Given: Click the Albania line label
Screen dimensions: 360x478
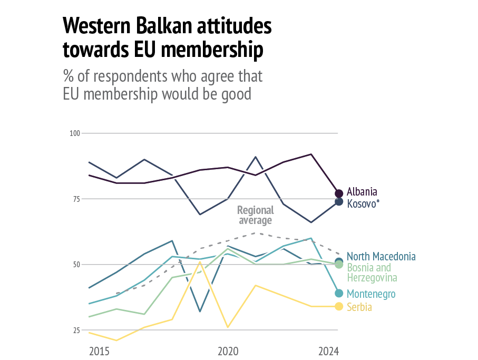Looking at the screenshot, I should coord(362,192).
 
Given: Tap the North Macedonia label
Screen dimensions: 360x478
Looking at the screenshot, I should coord(381,257).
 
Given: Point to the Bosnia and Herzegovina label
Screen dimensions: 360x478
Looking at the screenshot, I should coord(372,273).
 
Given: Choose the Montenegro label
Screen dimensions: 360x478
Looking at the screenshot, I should coord(371,294).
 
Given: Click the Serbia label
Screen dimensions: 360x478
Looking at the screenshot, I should coord(359,307).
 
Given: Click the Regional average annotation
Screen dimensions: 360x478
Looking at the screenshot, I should coord(256,215).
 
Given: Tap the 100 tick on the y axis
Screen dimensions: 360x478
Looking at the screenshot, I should coord(74,133).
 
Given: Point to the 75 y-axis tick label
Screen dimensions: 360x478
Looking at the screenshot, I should coord(76,199).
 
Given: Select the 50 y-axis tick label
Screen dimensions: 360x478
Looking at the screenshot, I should coord(76,265).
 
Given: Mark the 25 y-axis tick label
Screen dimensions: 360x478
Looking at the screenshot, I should coord(76,330).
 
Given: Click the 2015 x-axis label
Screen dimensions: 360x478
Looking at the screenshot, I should coord(99,351).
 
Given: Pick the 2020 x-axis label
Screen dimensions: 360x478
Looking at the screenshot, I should coord(228,351).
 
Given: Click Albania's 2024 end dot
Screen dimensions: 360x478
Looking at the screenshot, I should coord(339,193).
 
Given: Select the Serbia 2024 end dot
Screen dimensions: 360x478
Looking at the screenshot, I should coord(339,307).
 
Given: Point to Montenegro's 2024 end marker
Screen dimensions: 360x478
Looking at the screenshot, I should coord(339,293).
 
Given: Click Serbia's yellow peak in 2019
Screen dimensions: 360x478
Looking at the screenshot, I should coord(200,262).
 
